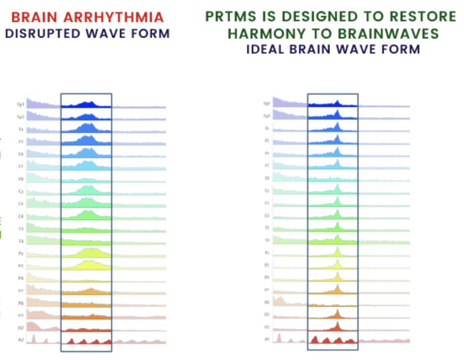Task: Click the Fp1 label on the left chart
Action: [x=20, y=104]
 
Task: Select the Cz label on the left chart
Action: [x=21, y=191]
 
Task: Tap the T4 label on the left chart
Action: [x=21, y=241]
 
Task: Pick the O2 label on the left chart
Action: [x=20, y=327]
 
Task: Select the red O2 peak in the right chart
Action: [x=338, y=325]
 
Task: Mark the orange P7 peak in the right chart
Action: [x=338, y=288]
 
